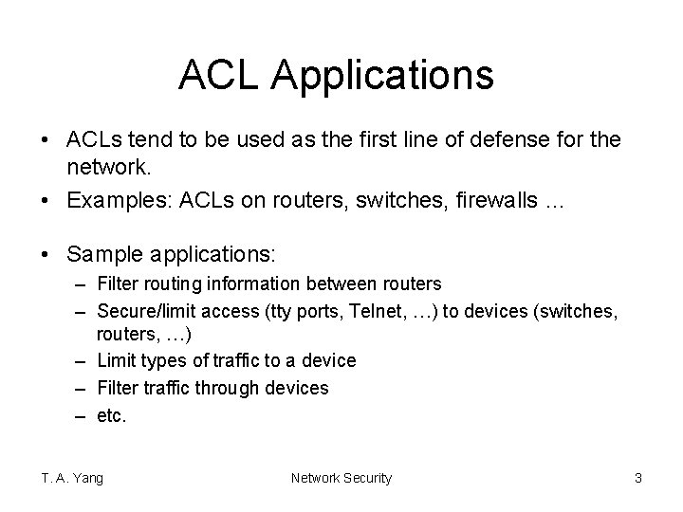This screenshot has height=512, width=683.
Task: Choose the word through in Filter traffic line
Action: pos(225,388)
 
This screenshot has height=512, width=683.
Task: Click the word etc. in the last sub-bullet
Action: pos(111,415)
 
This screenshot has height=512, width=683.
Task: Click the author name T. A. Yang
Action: pos(72,478)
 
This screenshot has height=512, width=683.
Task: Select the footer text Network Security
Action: pos(341,478)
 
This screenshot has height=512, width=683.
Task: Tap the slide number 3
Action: pos(637,478)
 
